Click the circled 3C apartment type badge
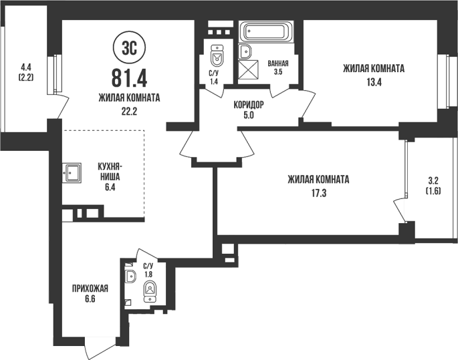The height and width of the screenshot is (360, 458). coord(129,48)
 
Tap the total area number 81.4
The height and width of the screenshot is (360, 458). coord(129,78)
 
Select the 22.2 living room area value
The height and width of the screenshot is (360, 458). coord(129,111)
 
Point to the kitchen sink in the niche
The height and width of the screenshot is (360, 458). coord(72,173)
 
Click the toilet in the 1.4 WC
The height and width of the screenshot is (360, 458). coord(217,55)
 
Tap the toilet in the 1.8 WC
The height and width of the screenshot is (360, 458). coord(150,292)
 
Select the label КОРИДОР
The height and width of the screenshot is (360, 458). coord(249,104)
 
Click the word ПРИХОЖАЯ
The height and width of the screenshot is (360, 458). coord(90,289)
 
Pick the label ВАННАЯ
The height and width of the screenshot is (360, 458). coord(278,63)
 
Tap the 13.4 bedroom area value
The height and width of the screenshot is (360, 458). coord(374,83)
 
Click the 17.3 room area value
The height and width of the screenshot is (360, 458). coord(318,194)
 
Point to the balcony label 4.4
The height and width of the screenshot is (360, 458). coord(25,67)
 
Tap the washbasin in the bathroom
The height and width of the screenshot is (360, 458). coord(245,52)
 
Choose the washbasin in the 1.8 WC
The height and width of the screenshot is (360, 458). coord(130,276)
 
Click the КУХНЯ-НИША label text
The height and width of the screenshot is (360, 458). coord(110,172)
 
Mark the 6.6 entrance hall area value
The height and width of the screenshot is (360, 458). coord(90,299)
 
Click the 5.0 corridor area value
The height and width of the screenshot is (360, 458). coord(249,116)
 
